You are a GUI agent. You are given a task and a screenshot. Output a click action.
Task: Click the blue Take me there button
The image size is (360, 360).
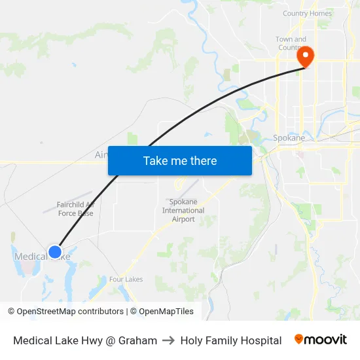point(180,161)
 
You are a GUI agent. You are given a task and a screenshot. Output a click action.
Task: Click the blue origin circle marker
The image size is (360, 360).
point(55,252)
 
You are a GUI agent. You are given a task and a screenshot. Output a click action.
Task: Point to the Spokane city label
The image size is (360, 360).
point(289,138)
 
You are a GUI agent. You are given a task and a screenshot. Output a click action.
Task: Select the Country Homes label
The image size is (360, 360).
point(307,13)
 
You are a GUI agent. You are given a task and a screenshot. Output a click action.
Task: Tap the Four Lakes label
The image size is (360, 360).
point(126,279)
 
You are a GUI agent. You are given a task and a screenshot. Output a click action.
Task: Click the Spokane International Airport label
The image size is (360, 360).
point(183,211)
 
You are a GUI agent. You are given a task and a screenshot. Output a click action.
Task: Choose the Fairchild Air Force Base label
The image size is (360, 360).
point(75,209)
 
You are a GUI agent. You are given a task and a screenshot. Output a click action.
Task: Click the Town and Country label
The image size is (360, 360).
point(291,43)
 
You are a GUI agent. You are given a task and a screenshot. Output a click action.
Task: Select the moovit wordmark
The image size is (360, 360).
point(326,340)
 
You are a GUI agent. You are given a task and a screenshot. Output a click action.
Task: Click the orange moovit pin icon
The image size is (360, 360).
point(299,339)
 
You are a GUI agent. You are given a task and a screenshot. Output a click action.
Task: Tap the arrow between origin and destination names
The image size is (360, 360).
point(169,340)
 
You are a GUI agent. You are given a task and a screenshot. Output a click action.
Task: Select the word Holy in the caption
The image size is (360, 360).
point(191,340)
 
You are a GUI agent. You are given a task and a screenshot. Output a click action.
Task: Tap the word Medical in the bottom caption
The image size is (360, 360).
point(32,340)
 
